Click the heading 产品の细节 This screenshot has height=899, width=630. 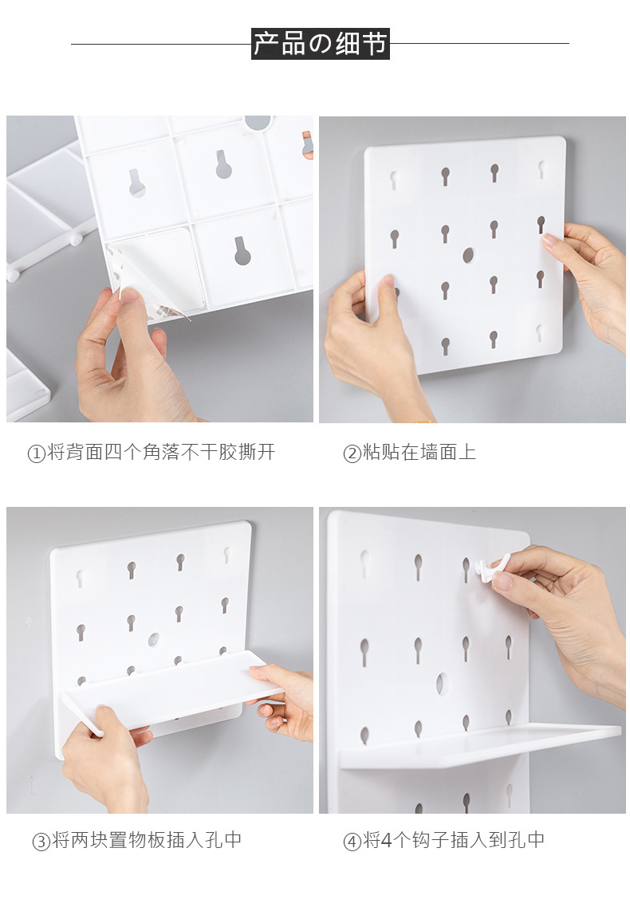point(320,44)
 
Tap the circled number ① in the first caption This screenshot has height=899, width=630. point(36,453)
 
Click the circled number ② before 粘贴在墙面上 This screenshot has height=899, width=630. point(351,453)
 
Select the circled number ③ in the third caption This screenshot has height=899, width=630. point(41,841)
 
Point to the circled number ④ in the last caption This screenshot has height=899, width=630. point(351,841)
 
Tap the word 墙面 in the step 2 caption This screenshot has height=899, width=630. point(438,453)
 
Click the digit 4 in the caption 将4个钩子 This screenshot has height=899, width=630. point(387,841)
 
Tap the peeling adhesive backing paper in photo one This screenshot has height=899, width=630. point(155,274)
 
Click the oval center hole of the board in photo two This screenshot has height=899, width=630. point(469,255)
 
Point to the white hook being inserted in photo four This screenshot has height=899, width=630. point(489,569)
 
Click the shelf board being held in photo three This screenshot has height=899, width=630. point(172,691)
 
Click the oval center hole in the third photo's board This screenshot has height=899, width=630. point(154,639)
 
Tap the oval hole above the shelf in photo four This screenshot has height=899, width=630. point(440,684)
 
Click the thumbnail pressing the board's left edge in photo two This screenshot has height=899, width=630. point(388,282)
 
